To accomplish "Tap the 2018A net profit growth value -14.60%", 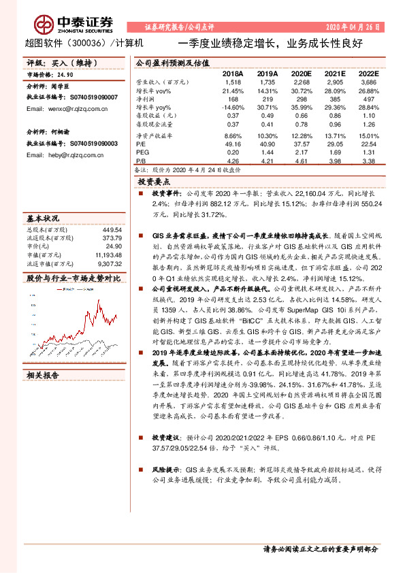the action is tap(232, 108).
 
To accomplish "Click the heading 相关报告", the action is tap(43, 374).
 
